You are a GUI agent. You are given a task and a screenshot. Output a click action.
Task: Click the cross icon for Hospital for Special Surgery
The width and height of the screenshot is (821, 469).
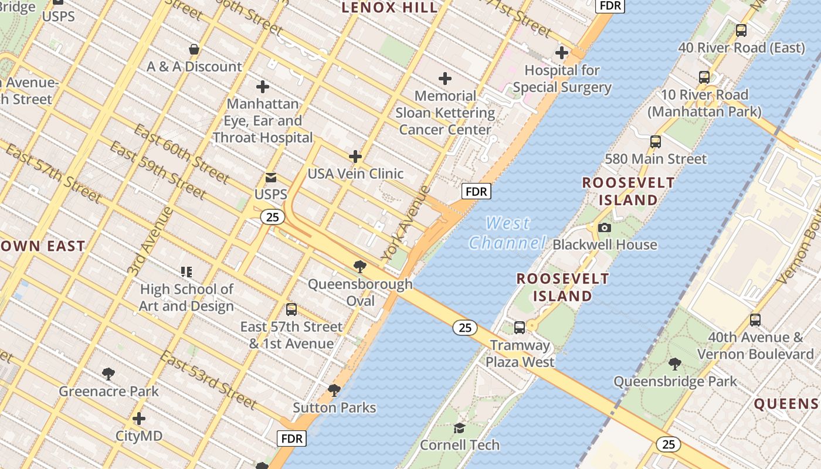point(562,53)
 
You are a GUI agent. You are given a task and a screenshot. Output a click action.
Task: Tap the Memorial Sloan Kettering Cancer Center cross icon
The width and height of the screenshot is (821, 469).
point(445,78)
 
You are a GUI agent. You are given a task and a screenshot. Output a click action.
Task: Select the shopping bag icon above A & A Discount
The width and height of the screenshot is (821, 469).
point(194,49)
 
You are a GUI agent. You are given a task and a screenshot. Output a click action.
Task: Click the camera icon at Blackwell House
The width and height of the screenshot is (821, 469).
point(605,227)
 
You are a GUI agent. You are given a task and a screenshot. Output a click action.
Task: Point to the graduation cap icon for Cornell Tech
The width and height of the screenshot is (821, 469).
point(459,428)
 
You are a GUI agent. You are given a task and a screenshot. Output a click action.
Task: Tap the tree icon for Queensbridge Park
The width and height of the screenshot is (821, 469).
point(675,364)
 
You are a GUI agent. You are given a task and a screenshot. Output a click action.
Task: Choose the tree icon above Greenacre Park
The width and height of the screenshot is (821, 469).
point(108,373)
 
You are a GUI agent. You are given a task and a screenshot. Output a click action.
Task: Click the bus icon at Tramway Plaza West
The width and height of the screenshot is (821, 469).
point(520,328)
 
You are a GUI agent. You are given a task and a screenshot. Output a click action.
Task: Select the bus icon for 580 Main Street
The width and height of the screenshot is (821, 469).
point(656,141)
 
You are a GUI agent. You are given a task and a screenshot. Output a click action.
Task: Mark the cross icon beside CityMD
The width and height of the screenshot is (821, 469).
point(139,419)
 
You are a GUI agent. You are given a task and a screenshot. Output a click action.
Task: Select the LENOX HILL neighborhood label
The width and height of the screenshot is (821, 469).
point(389,8)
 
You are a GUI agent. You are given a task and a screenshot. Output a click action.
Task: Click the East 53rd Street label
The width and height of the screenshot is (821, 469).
point(208,380)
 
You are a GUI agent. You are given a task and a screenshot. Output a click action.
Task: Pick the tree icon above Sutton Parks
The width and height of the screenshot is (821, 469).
point(334,390)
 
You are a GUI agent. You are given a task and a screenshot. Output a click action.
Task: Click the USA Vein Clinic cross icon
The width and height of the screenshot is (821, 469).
point(355,157)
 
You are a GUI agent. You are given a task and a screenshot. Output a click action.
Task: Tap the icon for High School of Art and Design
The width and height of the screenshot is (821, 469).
point(186,271)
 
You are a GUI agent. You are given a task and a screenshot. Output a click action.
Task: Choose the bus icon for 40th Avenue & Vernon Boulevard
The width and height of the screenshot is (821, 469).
point(755,320)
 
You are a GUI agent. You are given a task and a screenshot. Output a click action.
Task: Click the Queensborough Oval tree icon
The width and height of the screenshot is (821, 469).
point(360,267)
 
